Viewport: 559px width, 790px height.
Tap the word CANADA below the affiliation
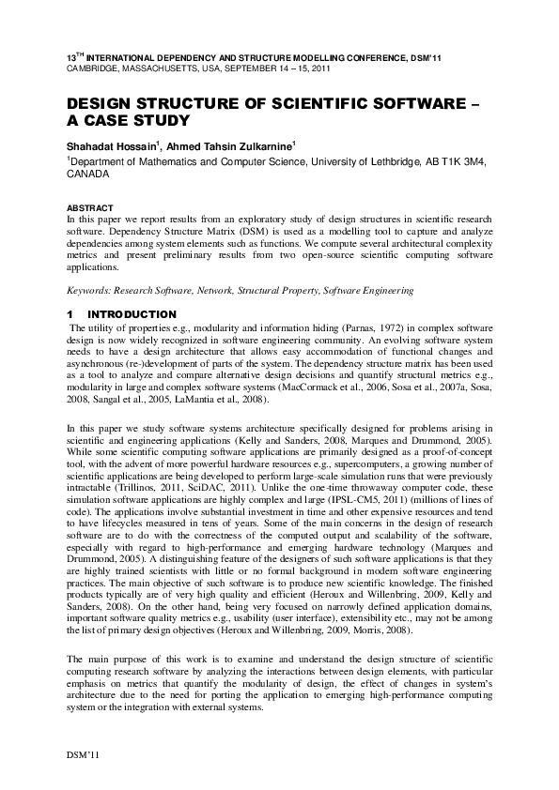(87, 175)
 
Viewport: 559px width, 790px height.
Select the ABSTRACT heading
(89, 207)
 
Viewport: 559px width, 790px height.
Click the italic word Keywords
(93, 292)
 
